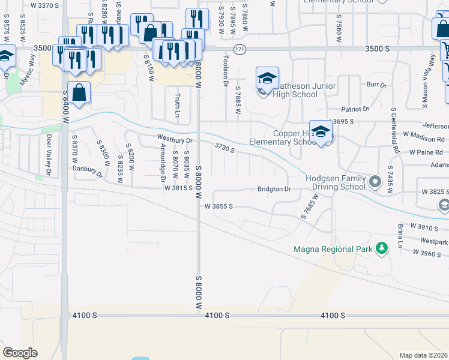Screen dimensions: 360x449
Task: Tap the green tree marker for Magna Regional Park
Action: pos(381,248)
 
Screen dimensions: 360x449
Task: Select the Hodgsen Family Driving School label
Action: pos(336,182)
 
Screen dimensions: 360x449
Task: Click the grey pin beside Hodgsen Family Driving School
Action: pos(375,181)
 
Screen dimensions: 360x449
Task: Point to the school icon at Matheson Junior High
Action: pos(267,79)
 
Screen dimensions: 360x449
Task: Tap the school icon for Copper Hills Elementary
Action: pos(321,132)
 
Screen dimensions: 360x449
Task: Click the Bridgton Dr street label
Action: pos(274,189)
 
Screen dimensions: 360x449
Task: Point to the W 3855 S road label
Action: pos(218,206)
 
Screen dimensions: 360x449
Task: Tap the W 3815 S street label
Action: pos(178,188)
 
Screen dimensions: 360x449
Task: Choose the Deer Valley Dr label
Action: pos(49,151)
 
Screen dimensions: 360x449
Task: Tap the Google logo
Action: pos(20,353)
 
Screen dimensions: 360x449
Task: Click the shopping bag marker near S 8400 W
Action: pos(79,93)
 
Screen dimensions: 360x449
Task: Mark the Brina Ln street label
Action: pos(399,236)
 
